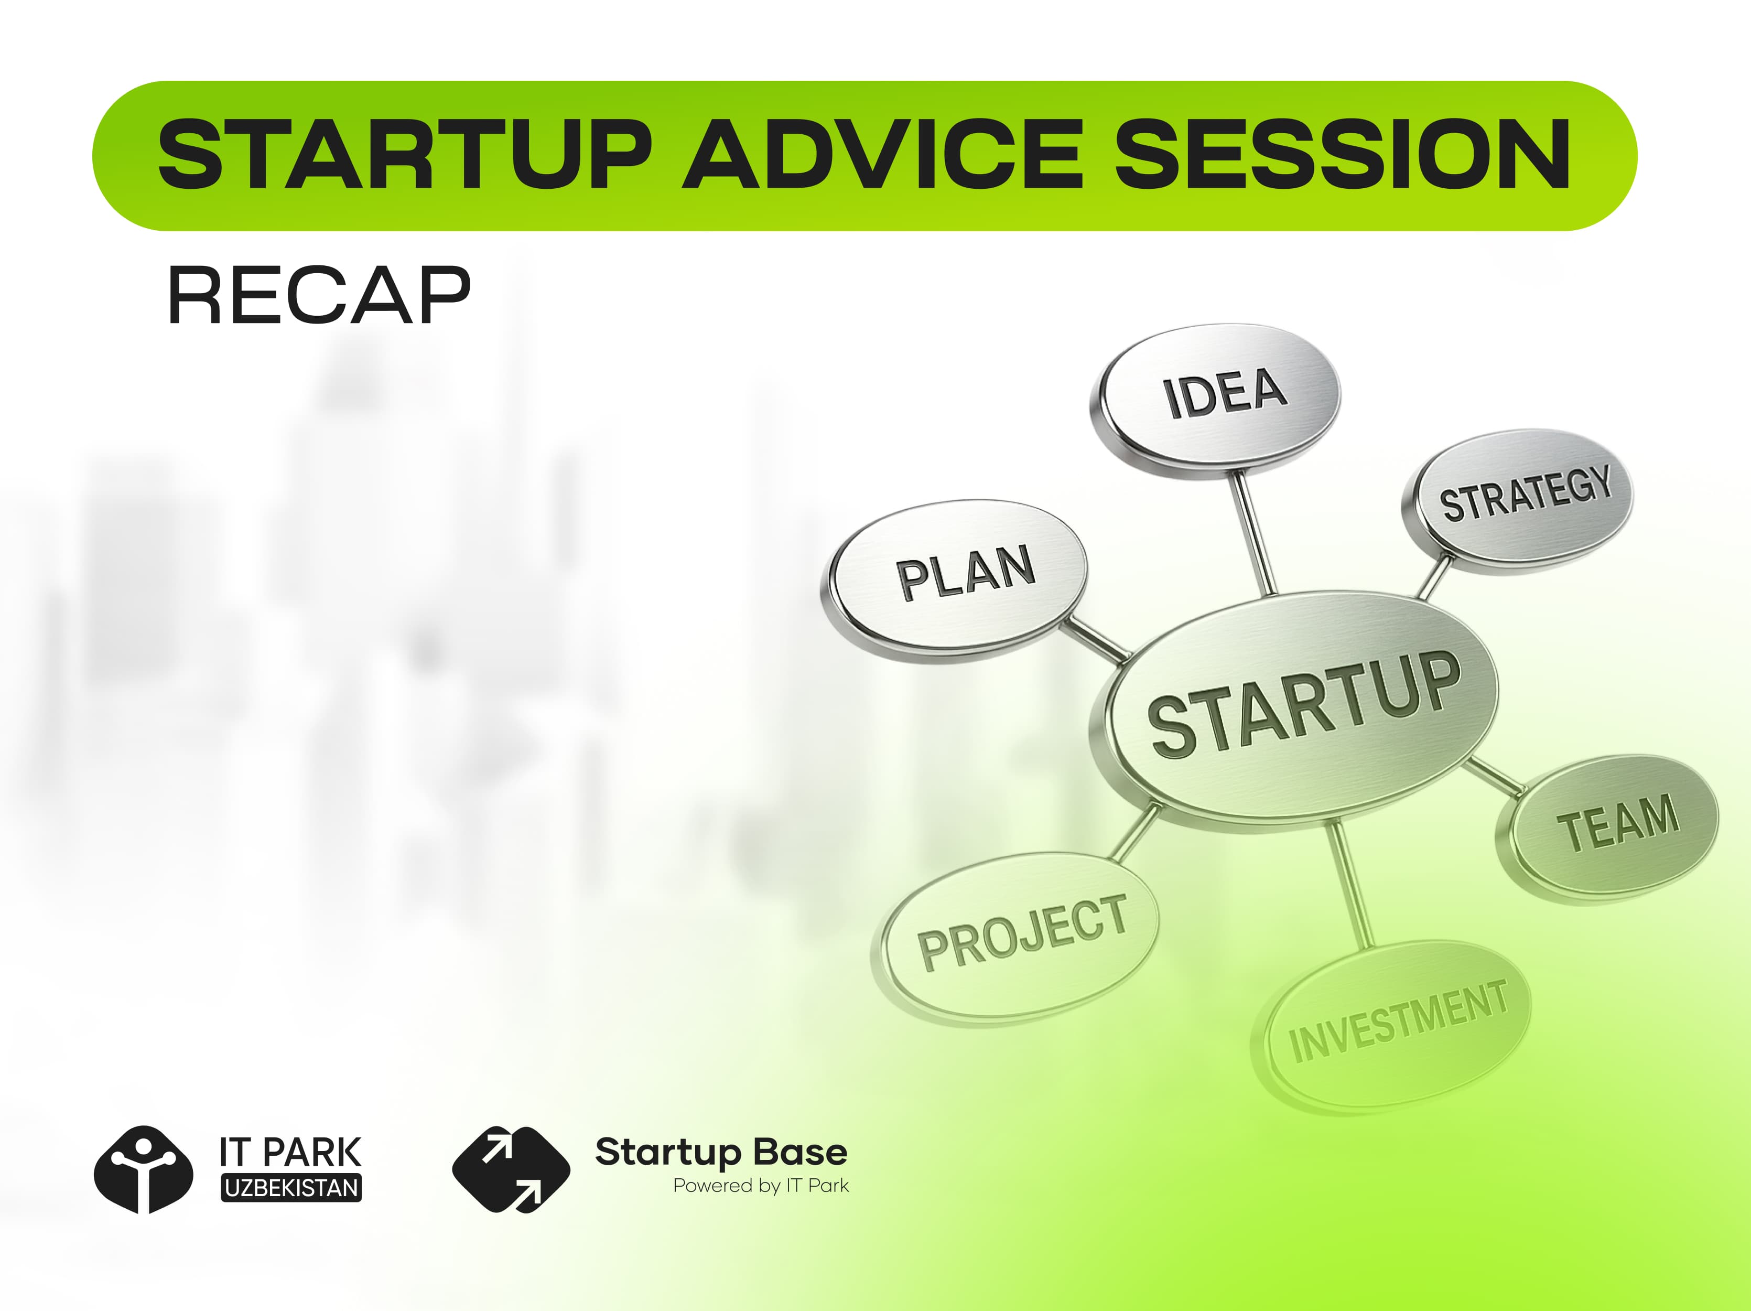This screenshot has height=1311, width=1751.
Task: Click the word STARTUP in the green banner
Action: [404, 154]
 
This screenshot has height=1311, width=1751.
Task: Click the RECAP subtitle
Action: [319, 295]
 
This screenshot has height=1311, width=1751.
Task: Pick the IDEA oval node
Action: [1217, 400]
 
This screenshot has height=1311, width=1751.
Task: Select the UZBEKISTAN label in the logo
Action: [291, 1188]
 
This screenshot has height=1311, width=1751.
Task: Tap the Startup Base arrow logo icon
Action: [511, 1169]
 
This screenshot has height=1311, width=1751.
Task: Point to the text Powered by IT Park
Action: [761, 1186]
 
